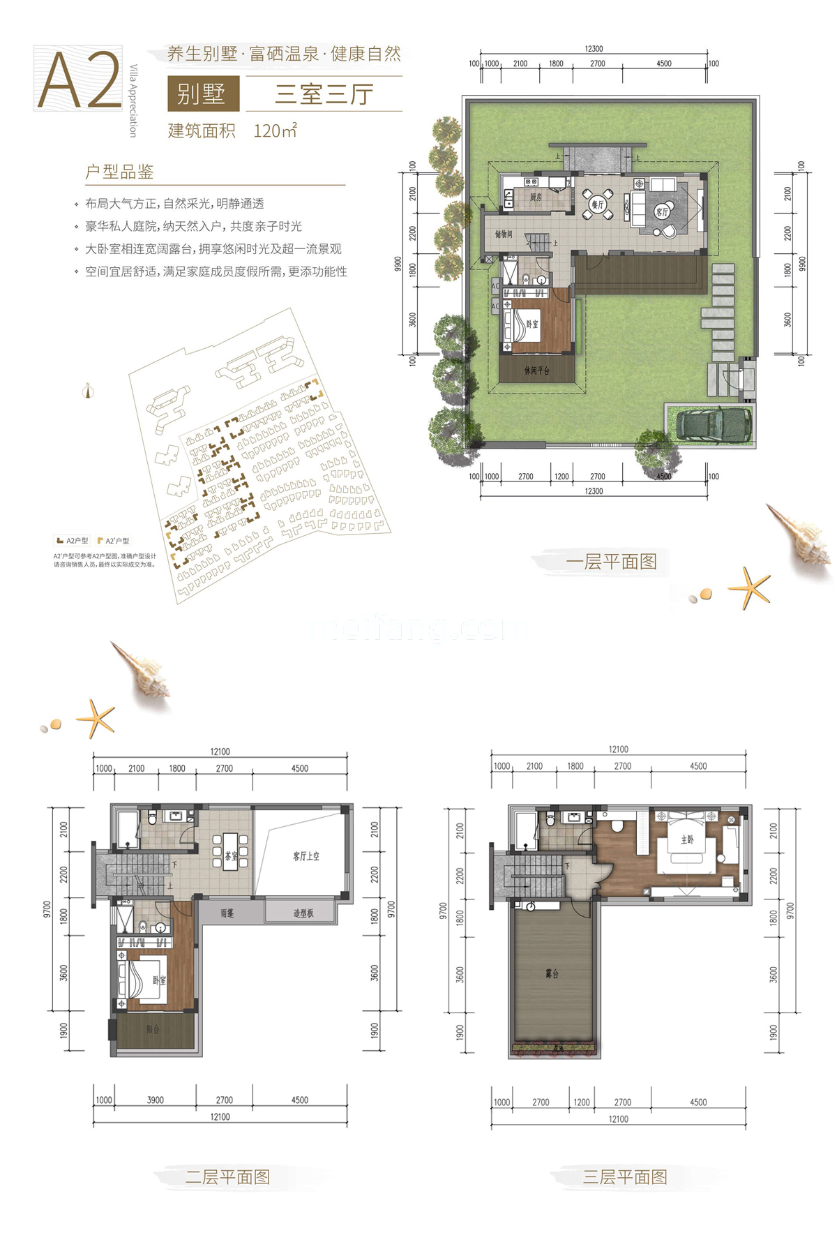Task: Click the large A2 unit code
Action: pyautogui.click(x=80, y=80)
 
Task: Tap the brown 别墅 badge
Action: pyautogui.click(x=202, y=94)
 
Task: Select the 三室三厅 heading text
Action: pyautogui.click(x=324, y=94)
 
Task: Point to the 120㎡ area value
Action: pyautogui.click(x=276, y=130)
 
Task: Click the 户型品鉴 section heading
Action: pyautogui.click(x=119, y=172)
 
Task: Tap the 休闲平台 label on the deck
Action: pyautogui.click(x=537, y=371)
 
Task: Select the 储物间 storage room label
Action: pyautogui.click(x=504, y=234)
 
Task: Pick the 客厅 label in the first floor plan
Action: pyautogui.click(x=661, y=211)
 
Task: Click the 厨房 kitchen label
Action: pyautogui.click(x=536, y=197)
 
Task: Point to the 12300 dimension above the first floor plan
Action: pyautogui.click(x=594, y=49)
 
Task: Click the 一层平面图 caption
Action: pyautogui.click(x=611, y=562)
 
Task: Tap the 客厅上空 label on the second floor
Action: pyautogui.click(x=306, y=856)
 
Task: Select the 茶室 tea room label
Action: pyautogui.click(x=231, y=855)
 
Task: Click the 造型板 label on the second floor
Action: pyautogui.click(x=303, y=913)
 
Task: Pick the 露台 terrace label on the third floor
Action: pyautogui.click(x=552, y=973)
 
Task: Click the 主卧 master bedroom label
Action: pyautogui.click(x=687, y=839)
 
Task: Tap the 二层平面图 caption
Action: pyautogui.click(x=227, y=1177)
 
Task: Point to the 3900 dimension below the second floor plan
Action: pyautogui.click(x=155, y=1100)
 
